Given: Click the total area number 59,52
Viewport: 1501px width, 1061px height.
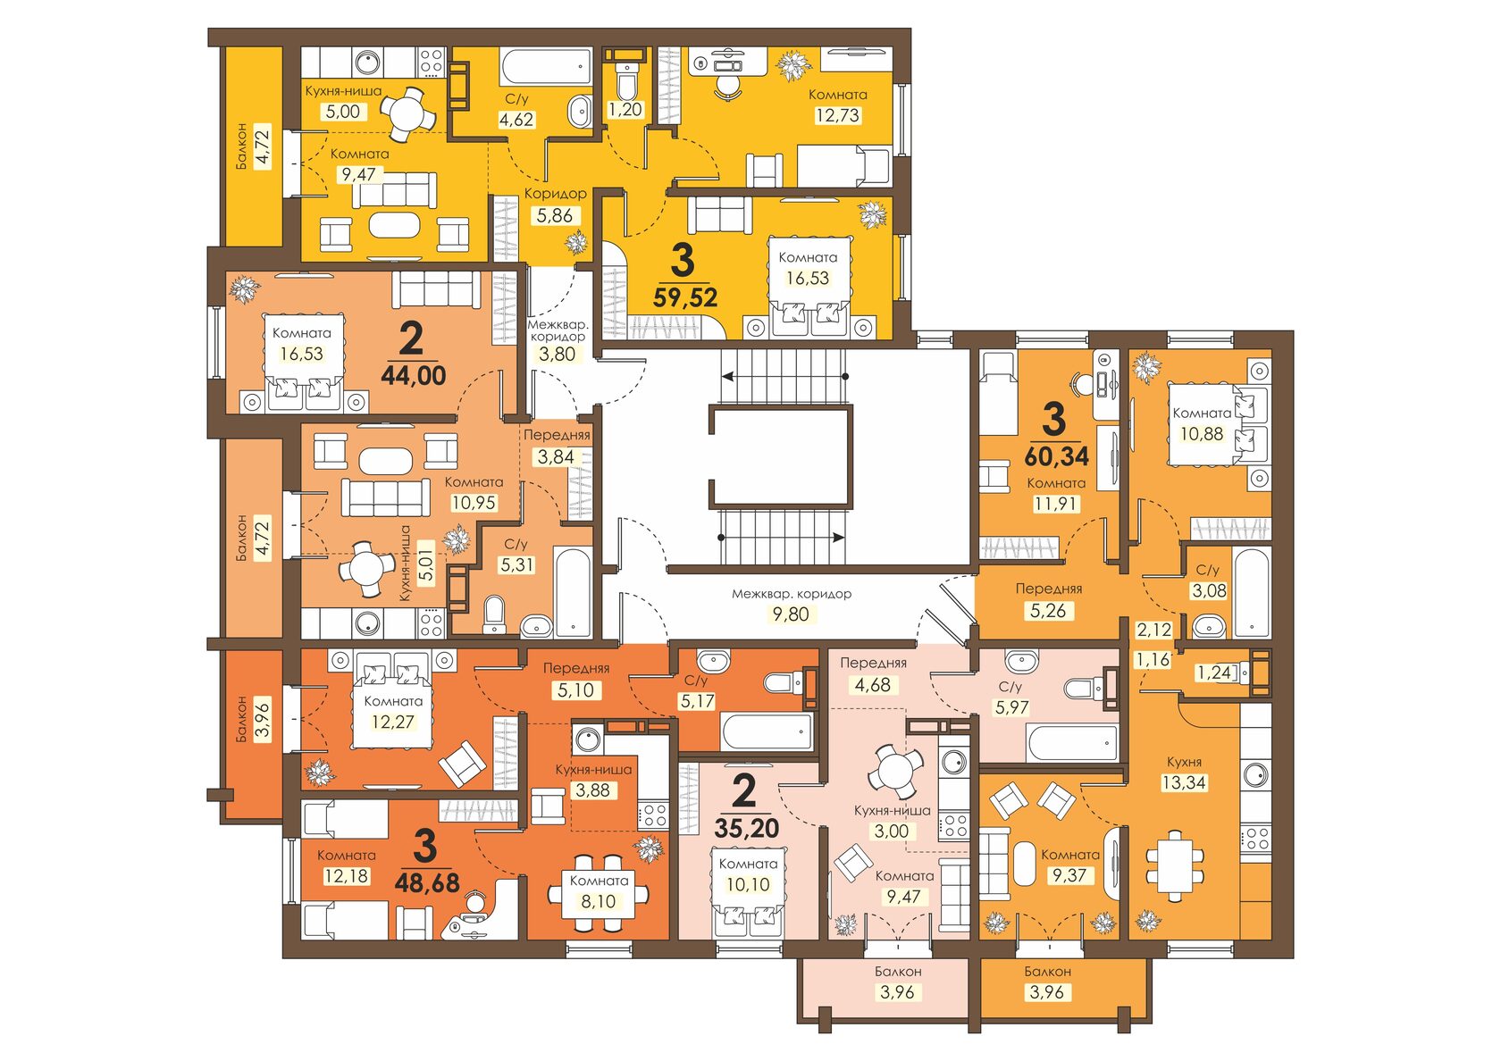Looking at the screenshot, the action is (x=684, y=297).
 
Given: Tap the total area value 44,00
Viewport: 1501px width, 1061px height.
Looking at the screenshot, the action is (x=414, y=376).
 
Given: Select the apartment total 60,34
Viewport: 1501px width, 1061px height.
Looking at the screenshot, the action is (x=1057, y=456).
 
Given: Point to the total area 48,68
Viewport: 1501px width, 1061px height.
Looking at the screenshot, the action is (x=427, y=882).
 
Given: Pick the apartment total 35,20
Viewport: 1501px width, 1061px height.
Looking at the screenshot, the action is (x=747, y=829).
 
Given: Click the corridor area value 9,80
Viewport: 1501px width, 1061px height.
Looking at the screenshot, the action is (x=791, y=614).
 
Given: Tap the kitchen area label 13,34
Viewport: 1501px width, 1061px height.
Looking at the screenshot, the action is (x=1184, y=781).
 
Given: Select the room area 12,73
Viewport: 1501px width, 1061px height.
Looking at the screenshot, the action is (x=837, y=115).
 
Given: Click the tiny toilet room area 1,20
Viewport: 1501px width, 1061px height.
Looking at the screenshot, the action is (x=625, y=109).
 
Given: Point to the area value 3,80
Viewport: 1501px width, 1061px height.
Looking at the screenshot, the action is (x=557, y=354).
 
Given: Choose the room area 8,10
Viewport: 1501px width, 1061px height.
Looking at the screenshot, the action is (x=599, y=901).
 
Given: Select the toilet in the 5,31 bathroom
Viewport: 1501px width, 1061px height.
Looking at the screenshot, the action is (x=495, y=613).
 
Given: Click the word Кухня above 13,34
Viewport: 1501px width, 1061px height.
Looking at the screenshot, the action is (x=1184, y=762).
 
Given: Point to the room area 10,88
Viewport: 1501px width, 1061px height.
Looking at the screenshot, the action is (x=1202, y=433).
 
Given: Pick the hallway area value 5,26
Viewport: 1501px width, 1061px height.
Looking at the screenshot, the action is (x=1048, y=610).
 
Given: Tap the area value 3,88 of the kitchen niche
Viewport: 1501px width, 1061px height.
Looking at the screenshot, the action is (x=593, y=789).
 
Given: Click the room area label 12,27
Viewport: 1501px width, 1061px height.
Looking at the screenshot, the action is (x=393, y=722).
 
